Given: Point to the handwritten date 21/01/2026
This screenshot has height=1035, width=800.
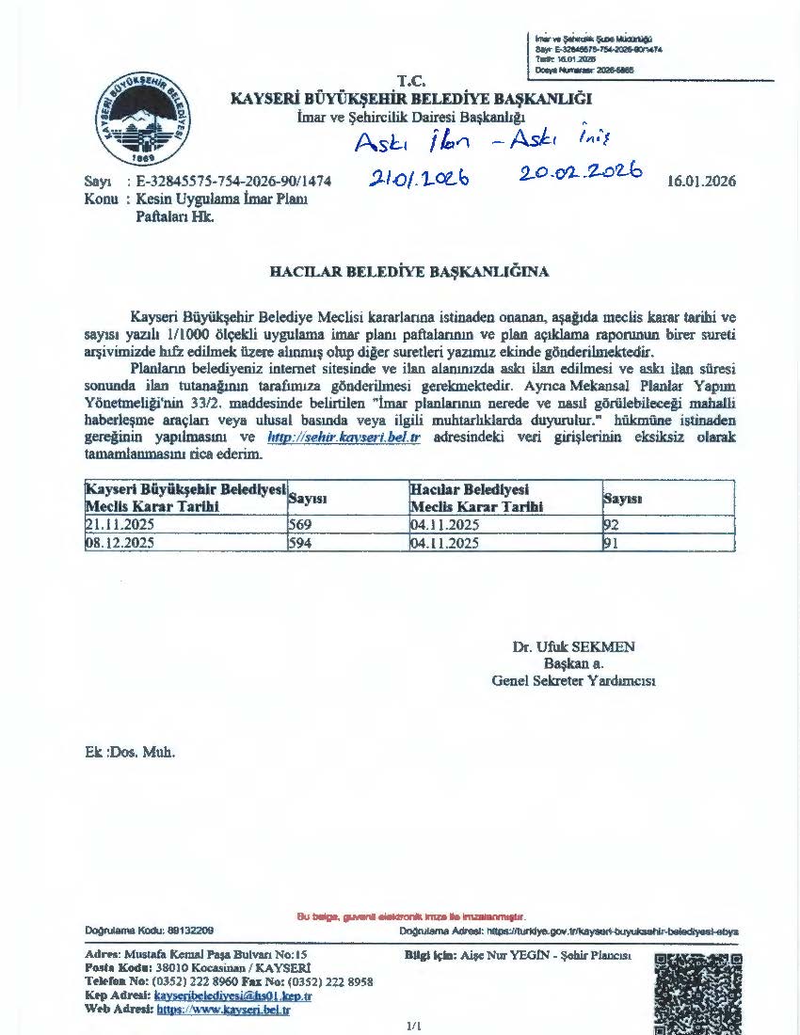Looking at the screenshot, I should click(x=420, y=177).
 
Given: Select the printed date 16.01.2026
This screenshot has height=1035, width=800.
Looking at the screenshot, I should click(x=700, y=182).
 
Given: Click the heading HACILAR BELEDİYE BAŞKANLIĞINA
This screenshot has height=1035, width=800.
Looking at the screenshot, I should click(x=409, y=272).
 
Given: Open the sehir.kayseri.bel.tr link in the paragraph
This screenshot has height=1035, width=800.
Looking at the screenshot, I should click(x=343, y=438).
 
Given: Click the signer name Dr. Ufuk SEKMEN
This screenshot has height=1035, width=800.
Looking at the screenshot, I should click(x=573, y=647).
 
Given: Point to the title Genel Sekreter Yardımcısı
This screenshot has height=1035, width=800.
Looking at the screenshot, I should click(x=573, y=681).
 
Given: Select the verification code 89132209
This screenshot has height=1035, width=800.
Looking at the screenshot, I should click(x=188, y=931).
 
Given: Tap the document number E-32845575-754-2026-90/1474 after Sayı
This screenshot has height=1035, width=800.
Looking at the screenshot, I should click(x=233, y=182).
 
